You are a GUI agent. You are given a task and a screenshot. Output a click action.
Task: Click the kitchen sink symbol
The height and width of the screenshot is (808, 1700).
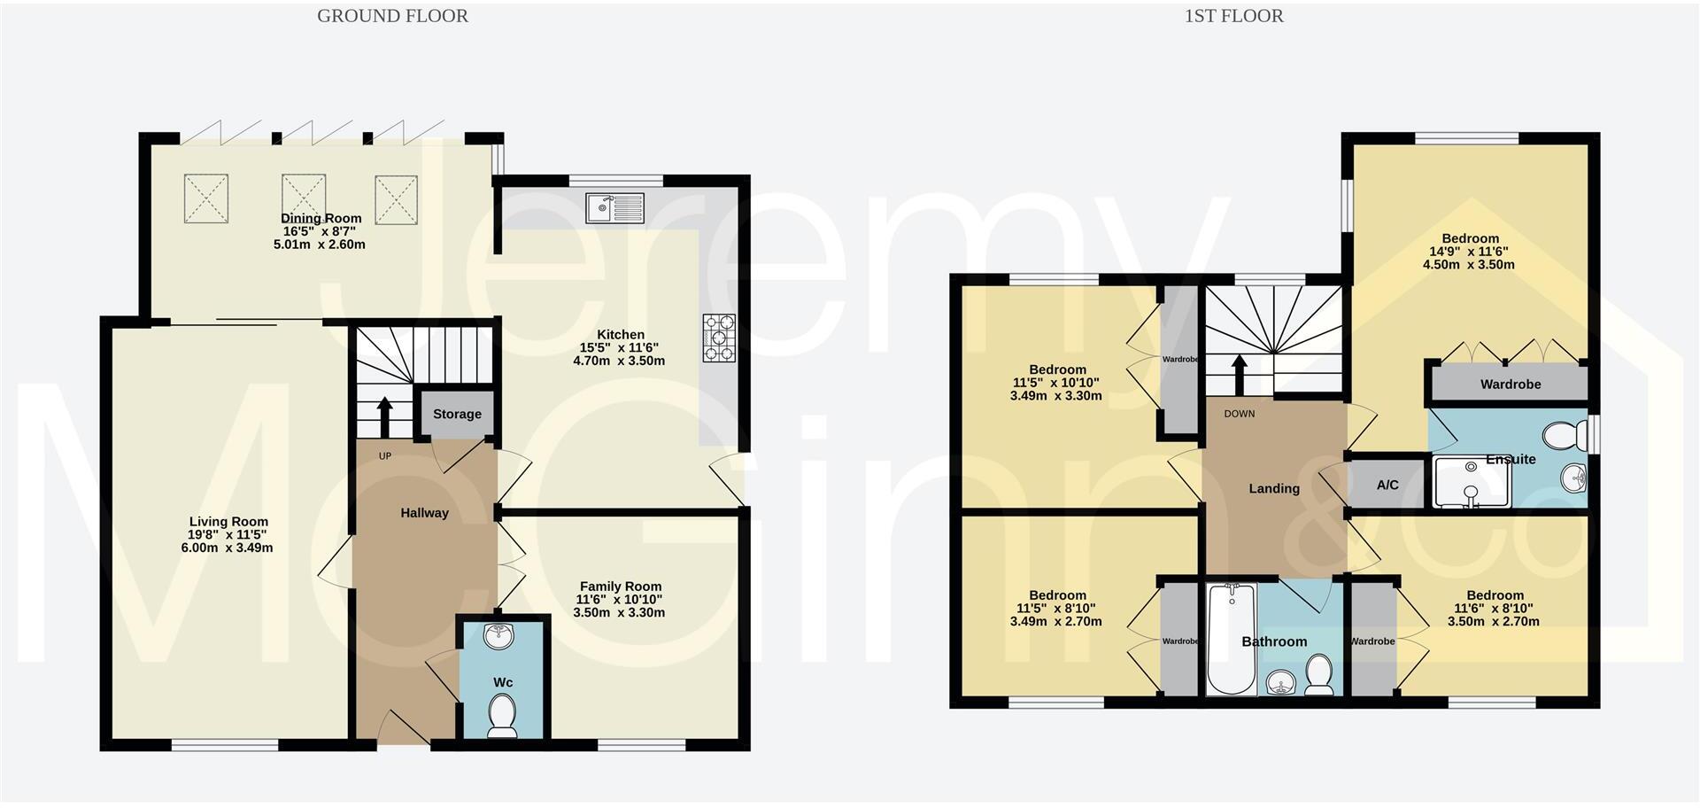[614, 208]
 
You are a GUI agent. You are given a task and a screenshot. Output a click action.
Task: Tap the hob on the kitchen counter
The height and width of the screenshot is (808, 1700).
[719, 338]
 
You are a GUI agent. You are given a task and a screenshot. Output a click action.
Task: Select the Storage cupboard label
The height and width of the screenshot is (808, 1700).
[457, 414]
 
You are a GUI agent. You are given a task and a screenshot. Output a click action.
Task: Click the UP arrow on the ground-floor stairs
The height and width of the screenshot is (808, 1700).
[385, 415]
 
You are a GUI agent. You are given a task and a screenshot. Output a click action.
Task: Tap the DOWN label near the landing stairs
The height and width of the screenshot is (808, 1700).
[1239, 414]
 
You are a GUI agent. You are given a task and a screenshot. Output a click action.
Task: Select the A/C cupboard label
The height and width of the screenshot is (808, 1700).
[1387, 485]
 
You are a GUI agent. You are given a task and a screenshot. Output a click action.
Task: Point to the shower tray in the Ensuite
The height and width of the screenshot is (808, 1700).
[1471, 485]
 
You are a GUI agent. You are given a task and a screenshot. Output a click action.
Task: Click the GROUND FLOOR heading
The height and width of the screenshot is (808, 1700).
[392, 16]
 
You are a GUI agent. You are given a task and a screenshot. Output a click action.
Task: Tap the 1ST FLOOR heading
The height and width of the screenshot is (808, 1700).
[1233, 16]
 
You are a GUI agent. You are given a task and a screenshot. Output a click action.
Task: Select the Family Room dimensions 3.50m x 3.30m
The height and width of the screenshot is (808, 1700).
[619, 612]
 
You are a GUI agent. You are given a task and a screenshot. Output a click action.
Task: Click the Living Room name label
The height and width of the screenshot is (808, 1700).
[228, 522]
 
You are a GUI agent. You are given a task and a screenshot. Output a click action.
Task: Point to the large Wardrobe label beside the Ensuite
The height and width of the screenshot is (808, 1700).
[1510, 385]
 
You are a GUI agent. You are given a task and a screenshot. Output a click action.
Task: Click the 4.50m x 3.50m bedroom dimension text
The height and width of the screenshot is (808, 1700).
[1469, 264]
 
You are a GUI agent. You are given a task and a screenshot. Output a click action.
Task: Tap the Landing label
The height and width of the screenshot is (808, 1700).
[1273, 488]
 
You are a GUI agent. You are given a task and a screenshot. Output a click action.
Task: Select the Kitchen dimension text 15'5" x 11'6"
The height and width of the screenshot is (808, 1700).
[620, 347]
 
